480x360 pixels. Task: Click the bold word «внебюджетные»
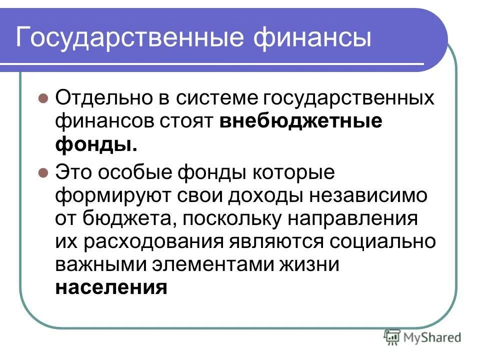(300, 121)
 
